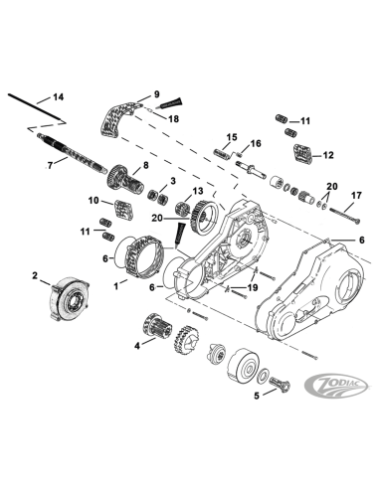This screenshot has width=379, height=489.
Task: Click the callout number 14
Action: (58, 97)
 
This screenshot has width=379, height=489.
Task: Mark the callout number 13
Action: (197, 191)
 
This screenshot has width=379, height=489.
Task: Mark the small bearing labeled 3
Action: (156, 190)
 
